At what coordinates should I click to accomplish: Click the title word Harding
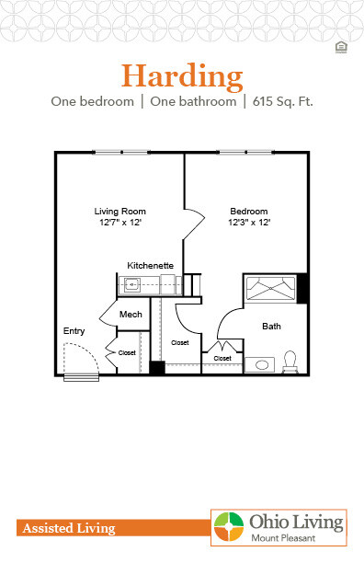[182, 74]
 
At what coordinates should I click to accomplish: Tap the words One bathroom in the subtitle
[195, 101]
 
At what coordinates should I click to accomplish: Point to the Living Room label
[120, 211]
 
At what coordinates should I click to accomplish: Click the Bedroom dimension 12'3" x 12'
[249, 222]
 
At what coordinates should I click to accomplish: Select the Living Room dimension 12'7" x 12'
[120, 222]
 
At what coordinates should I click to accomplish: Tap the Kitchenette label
[150, 265]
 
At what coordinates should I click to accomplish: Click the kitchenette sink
[132, 285]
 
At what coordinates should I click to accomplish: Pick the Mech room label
[130, 315]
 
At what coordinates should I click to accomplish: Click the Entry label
[74, 330]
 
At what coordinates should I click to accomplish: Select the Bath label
[271, 326]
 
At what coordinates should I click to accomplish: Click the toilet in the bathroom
[291, 362]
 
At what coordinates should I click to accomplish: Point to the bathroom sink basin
[264, 365]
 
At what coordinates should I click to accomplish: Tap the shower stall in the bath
[269, 289]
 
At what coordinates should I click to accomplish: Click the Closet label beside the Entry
[127, 351]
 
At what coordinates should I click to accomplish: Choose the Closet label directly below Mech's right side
[180, 342]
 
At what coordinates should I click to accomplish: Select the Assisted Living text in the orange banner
[66, 528]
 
